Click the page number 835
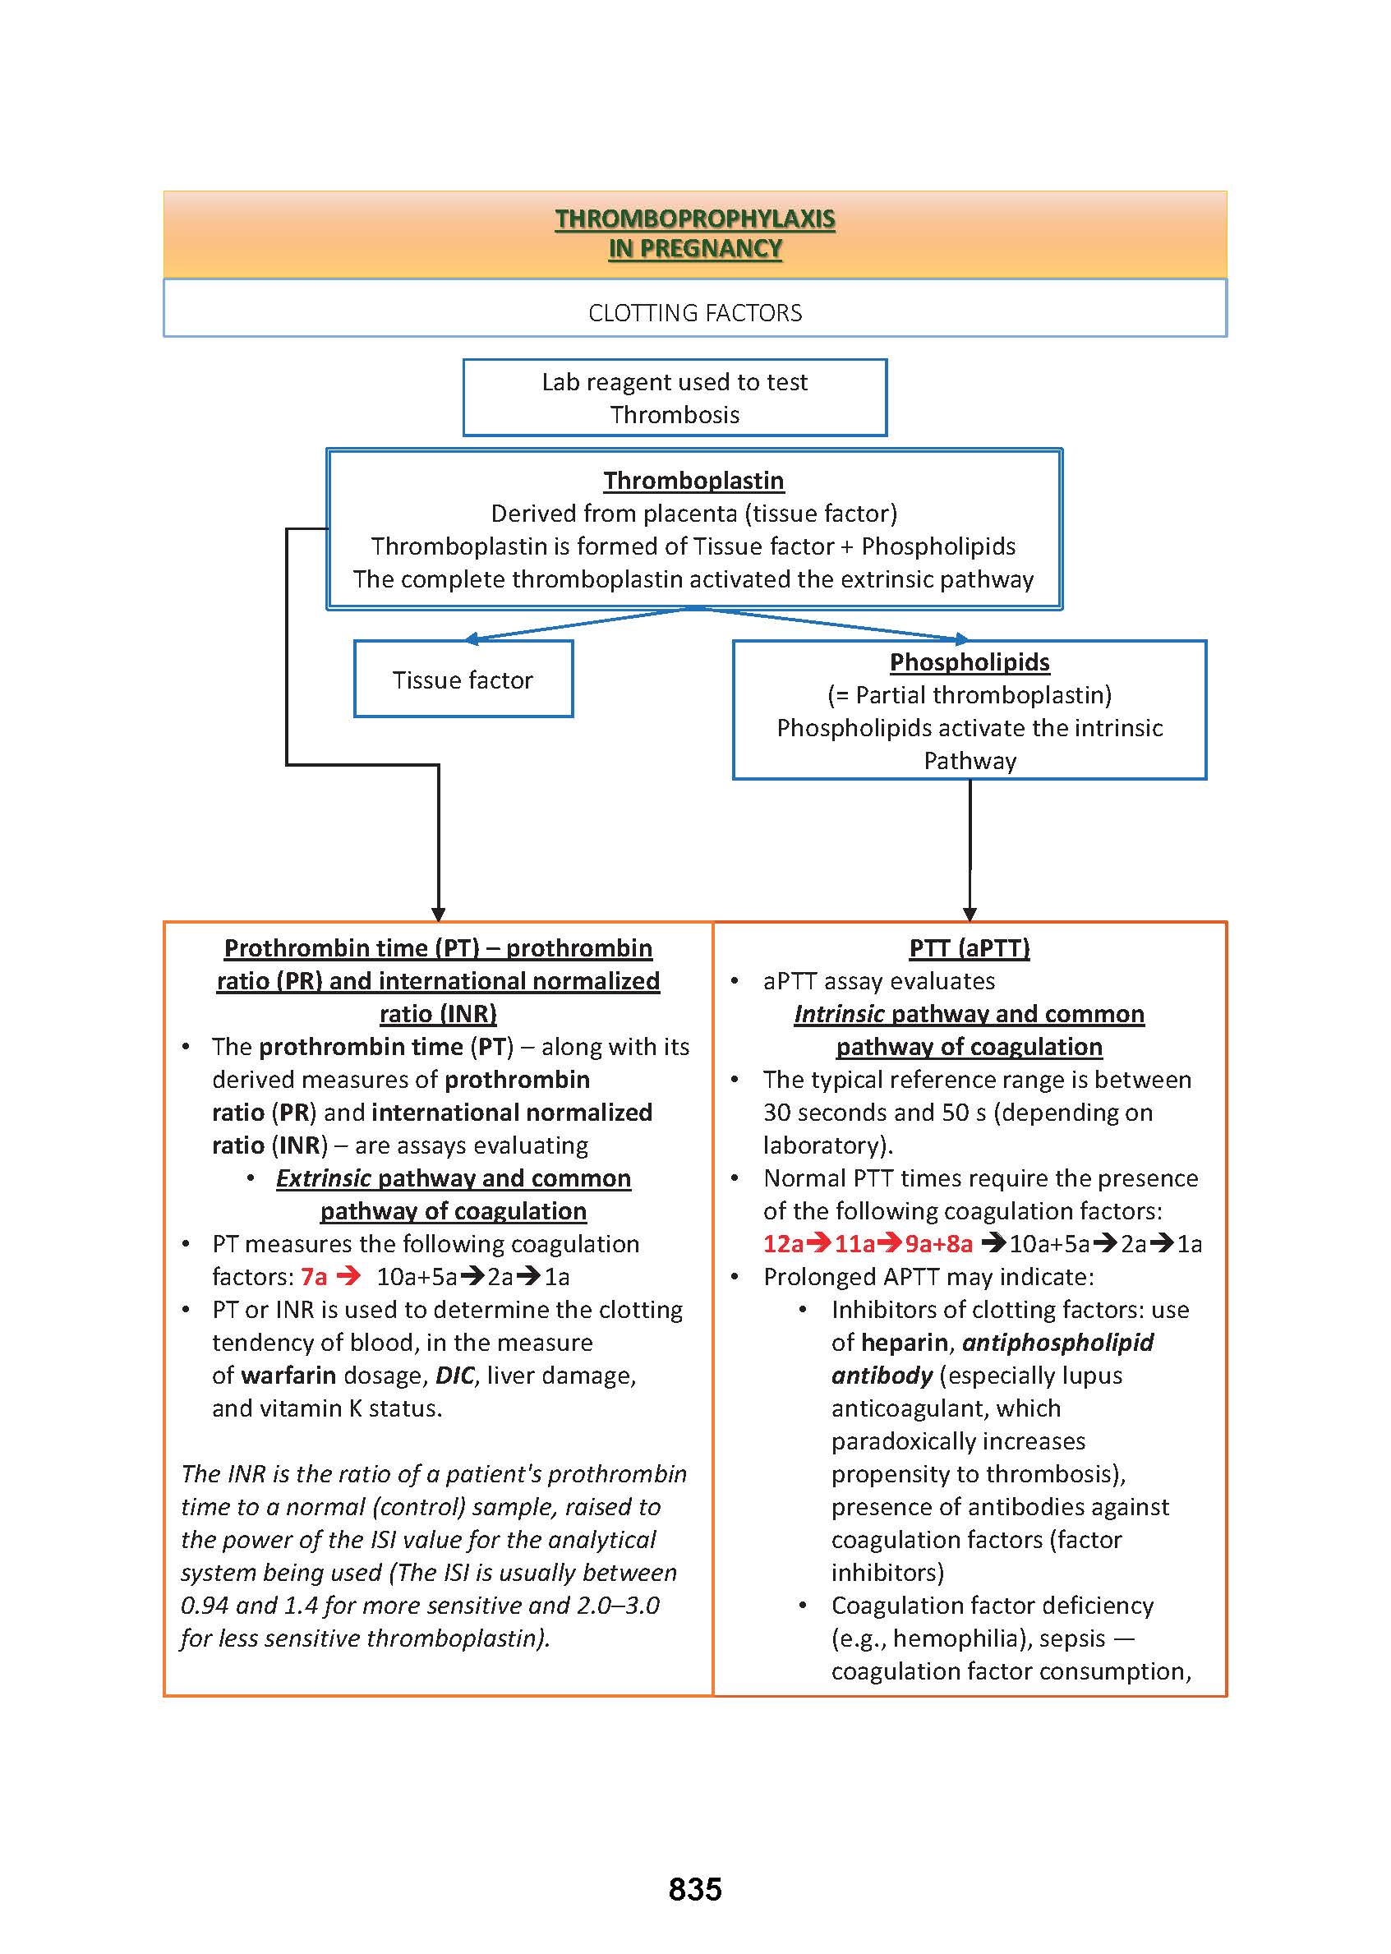tap(694, 1889)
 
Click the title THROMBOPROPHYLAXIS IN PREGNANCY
tap(694, 234)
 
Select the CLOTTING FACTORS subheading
tap(694, 313)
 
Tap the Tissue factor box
tap(463, 680)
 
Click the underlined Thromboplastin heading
tap(693, 481)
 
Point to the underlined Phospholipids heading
tap(969, 662)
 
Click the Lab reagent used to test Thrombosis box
tap(674, 398)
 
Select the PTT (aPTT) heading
tap(969, 948)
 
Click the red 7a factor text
tap(314, 1277)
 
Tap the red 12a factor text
tap(783, 1244)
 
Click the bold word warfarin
tap(288, 1376)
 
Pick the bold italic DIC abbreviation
tap(455, 1376)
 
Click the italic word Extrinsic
tap(323, 1179)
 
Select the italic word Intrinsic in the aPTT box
tap(839, 1014)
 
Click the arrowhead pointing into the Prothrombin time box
tap(439, 914)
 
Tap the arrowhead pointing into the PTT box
tap(970, 914)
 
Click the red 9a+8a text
tap(939, 1244)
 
